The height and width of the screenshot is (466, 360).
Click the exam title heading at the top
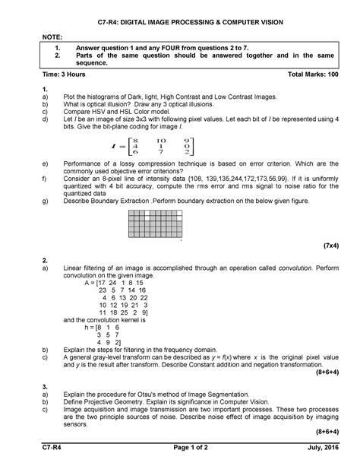(x=180, y=24)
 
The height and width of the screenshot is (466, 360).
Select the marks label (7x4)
(x=329, y=247)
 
